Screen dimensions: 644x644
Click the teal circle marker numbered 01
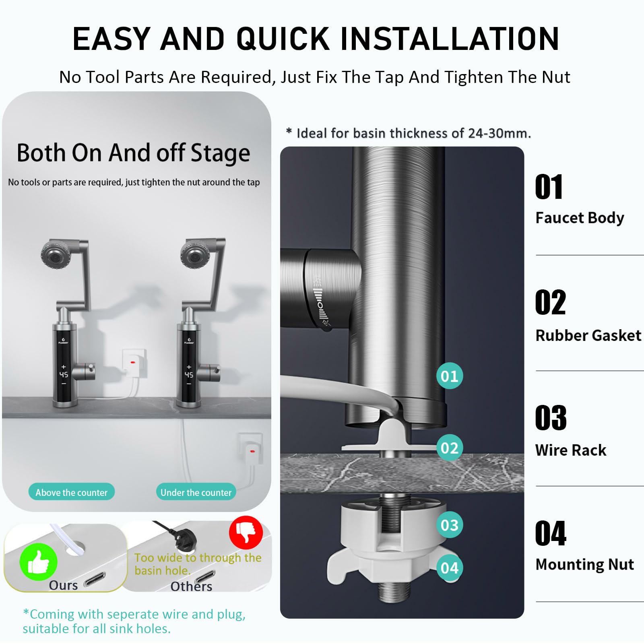pos(450,376)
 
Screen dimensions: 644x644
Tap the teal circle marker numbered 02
pos(450,448)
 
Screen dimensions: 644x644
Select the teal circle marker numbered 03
pos(450,525)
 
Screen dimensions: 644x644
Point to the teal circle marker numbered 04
pos(450,568)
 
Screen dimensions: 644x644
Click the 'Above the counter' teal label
pos(72,492)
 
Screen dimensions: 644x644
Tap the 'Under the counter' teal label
pos(196,492)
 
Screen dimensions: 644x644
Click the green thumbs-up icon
pos(39,562)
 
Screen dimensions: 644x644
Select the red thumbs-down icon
pos(246,533)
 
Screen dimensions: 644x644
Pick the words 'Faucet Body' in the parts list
pos(580,218)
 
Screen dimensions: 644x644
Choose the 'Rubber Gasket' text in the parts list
pos(588,335)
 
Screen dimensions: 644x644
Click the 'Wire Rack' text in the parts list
pos(570,450)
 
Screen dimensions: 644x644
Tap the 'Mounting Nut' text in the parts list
pos(584,565)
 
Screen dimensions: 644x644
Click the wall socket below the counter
pos(251,449)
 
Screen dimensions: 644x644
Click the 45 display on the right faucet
pos(189,375)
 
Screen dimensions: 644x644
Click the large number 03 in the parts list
pos(551,418)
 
